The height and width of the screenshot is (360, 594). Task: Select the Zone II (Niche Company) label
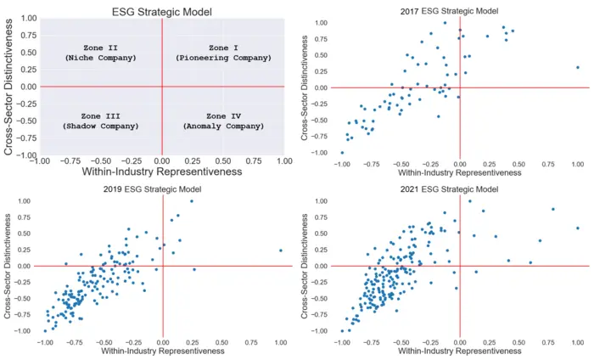click(100, 53)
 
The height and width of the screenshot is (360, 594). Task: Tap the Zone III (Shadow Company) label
click(100, 120)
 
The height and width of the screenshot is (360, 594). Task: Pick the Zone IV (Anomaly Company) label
click(224, 120)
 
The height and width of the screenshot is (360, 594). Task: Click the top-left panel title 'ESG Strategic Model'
click(162, 11)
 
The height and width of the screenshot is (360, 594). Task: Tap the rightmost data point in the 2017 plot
click(577, 67)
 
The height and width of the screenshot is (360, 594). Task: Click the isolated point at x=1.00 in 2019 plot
click(280, 250)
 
